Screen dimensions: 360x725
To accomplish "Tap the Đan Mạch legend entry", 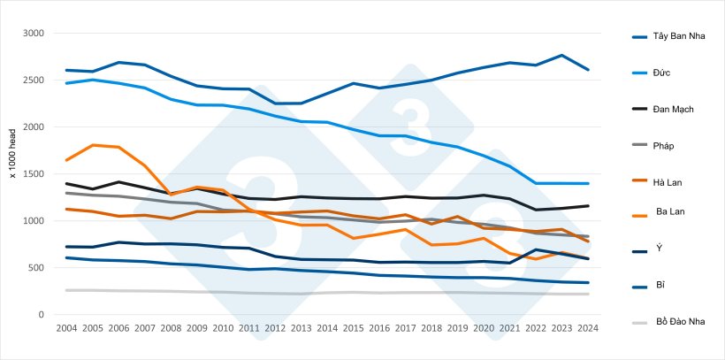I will (673, 108).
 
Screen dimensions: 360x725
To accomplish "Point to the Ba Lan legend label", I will (670, 211).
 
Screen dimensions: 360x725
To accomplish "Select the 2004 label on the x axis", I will (66, 328).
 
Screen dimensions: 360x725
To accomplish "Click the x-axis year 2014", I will (327, 328).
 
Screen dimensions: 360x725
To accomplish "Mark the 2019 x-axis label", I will (458, 328).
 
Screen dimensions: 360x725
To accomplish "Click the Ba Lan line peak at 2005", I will (93, 145).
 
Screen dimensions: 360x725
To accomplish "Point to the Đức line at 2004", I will (66, 83).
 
